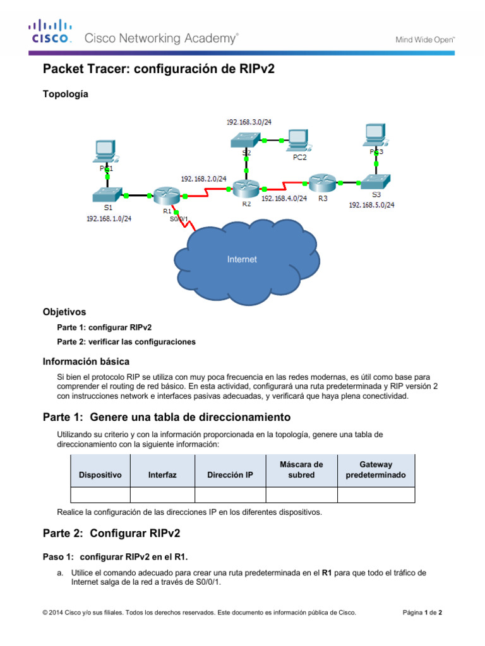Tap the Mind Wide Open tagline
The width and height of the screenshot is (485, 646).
(x=425, y=39)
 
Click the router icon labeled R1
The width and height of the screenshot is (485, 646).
(x=167, y=196)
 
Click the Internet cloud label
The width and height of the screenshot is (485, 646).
(x=242, y=259)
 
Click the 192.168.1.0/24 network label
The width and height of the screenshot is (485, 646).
(x=109, y=219)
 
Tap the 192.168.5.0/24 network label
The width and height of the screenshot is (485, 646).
(x=372, y=205)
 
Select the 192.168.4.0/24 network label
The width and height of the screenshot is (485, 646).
(x=284, y=198)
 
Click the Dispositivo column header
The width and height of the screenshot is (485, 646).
(x=100, y=475)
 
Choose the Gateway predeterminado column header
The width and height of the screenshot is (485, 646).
(x=376, y=470)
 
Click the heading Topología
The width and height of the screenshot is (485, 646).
(x=66, y=94)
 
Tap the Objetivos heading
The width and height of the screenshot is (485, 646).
(x=64, y=312)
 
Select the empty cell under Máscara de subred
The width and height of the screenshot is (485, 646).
(x=301, y=495)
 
